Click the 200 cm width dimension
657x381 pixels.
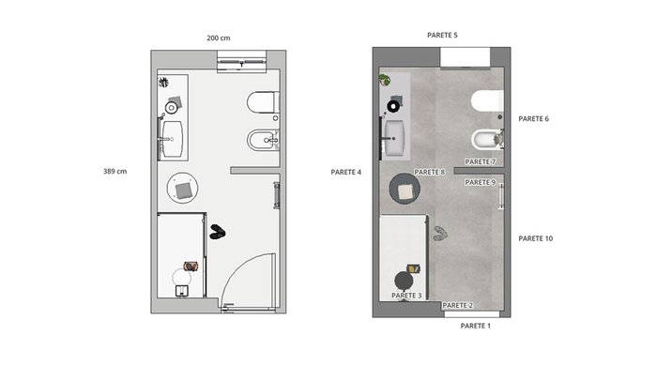219,38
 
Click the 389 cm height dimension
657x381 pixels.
115,171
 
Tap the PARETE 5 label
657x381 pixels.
442,36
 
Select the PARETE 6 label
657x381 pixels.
533,118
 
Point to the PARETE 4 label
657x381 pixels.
345,172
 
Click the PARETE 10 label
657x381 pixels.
536,238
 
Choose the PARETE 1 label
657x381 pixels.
475,326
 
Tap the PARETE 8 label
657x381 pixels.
430,172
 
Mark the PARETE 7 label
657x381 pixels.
481,161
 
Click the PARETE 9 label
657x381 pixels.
481,182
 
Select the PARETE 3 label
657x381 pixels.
406,296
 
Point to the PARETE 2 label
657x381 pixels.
458,306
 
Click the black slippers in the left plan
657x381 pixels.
218,232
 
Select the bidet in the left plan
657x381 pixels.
263,140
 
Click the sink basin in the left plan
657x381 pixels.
172,139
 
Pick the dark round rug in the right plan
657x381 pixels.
405,189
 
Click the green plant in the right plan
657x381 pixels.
384,80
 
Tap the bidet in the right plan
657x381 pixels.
487,140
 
